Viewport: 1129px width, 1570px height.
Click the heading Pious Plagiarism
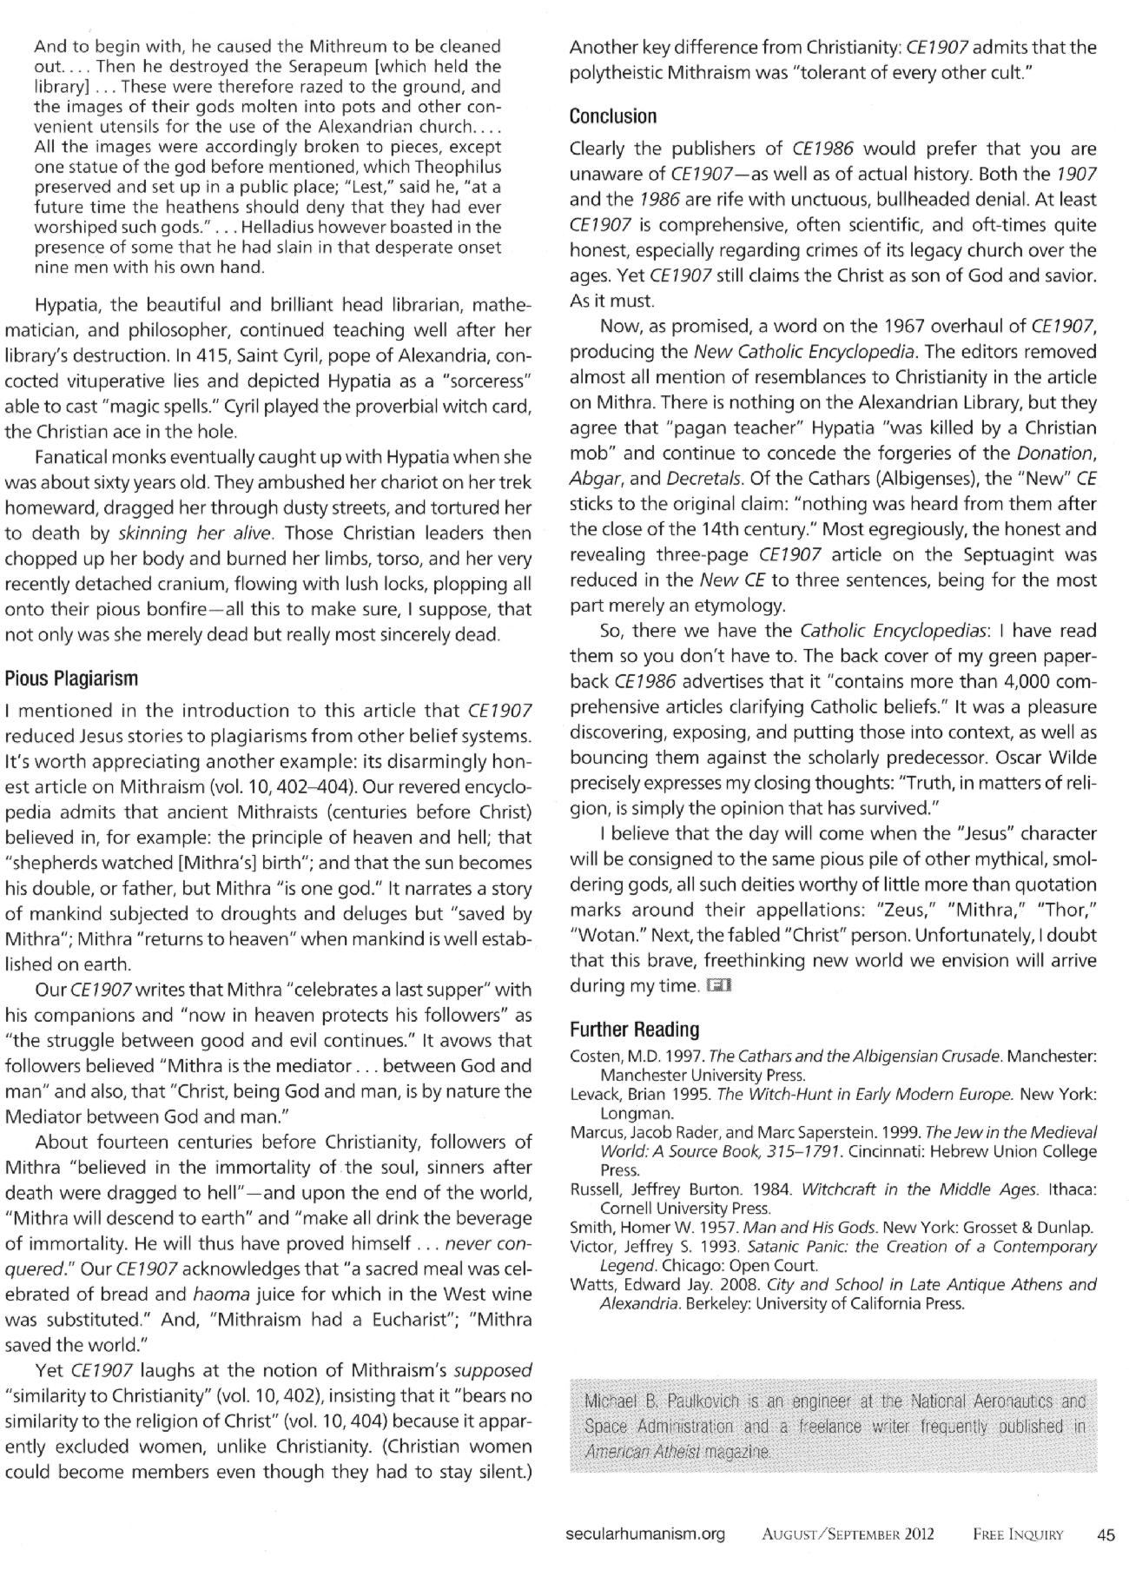(x=72, y=678)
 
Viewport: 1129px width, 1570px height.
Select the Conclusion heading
(x=613, y=116)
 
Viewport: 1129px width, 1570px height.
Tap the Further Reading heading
(x=634, y=1030)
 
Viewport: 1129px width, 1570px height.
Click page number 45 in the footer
(x=1106, y=1534)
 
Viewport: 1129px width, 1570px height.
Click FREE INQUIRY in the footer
(x=1018, y=1534)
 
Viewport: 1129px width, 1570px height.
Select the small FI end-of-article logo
(x=720, y=985)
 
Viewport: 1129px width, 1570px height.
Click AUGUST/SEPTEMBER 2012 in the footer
(x=848, y=1534)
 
